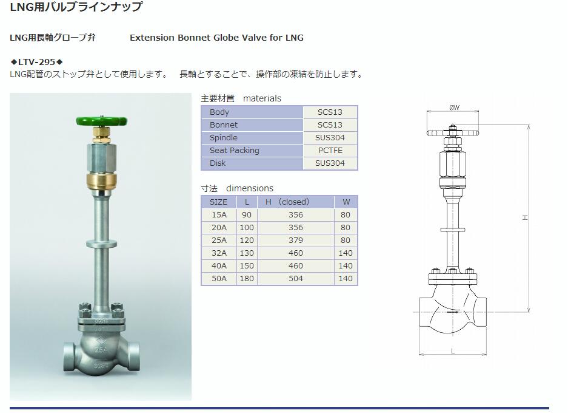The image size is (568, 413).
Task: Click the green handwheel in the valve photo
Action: pos(102,120)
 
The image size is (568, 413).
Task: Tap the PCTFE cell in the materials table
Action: pos(330,150)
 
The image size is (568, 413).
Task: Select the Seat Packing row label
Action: pos(235,150)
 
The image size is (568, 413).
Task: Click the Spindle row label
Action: pos(224,137)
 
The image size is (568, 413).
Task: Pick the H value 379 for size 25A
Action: pos(296,241)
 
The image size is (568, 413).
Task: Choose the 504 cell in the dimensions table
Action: pos(296,278)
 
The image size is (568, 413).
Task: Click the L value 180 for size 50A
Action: pos(247,278)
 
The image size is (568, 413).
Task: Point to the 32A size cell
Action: pos(219,253)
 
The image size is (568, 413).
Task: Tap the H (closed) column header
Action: pos(287,202)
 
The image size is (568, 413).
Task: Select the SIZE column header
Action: pos(218,202)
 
